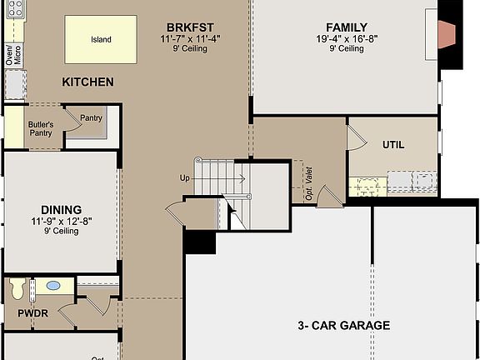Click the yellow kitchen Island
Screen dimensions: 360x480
[x=101, y=39]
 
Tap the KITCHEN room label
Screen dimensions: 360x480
[x=87, y=82]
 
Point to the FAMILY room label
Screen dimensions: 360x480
[x=347, y=27]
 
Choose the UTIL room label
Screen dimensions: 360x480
[x=393, y=144]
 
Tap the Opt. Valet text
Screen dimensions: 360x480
[x=309, y=184]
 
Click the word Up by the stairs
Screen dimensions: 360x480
[x=185, y=177]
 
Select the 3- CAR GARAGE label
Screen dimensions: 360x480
[x=343, y=325]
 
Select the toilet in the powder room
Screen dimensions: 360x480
[x=17, y=288]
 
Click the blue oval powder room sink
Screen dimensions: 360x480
[x=53, y=286]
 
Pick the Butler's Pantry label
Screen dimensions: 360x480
[x=41, y=128]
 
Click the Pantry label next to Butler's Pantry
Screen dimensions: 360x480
[x=91, y=118]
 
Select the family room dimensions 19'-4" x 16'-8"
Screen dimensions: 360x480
[x=347, y=38]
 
